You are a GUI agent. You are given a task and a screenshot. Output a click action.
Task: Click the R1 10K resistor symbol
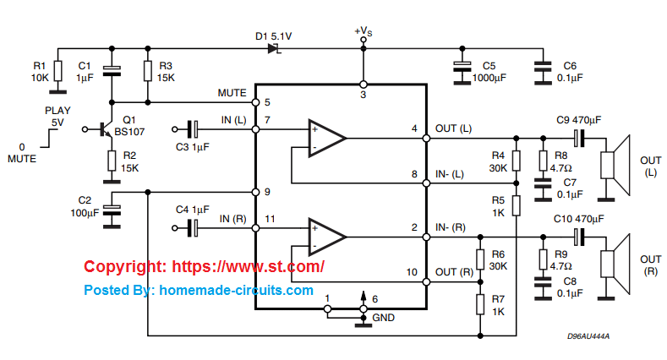57,70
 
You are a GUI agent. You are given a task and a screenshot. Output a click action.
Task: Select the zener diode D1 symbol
274,49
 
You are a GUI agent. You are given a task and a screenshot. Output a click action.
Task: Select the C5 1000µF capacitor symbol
461,68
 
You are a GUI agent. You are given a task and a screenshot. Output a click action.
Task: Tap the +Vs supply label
363,31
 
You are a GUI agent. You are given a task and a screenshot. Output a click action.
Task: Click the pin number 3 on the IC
363,95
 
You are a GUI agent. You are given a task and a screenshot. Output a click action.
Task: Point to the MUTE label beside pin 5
232,93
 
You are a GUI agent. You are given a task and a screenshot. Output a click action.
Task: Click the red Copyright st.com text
204,266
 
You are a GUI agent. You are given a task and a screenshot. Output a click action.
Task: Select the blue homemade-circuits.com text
199,290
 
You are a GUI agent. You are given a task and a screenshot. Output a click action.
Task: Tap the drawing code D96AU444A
588,336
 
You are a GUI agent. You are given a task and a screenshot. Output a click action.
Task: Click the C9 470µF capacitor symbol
579,138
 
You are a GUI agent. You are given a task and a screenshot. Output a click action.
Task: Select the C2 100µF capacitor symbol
111,208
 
